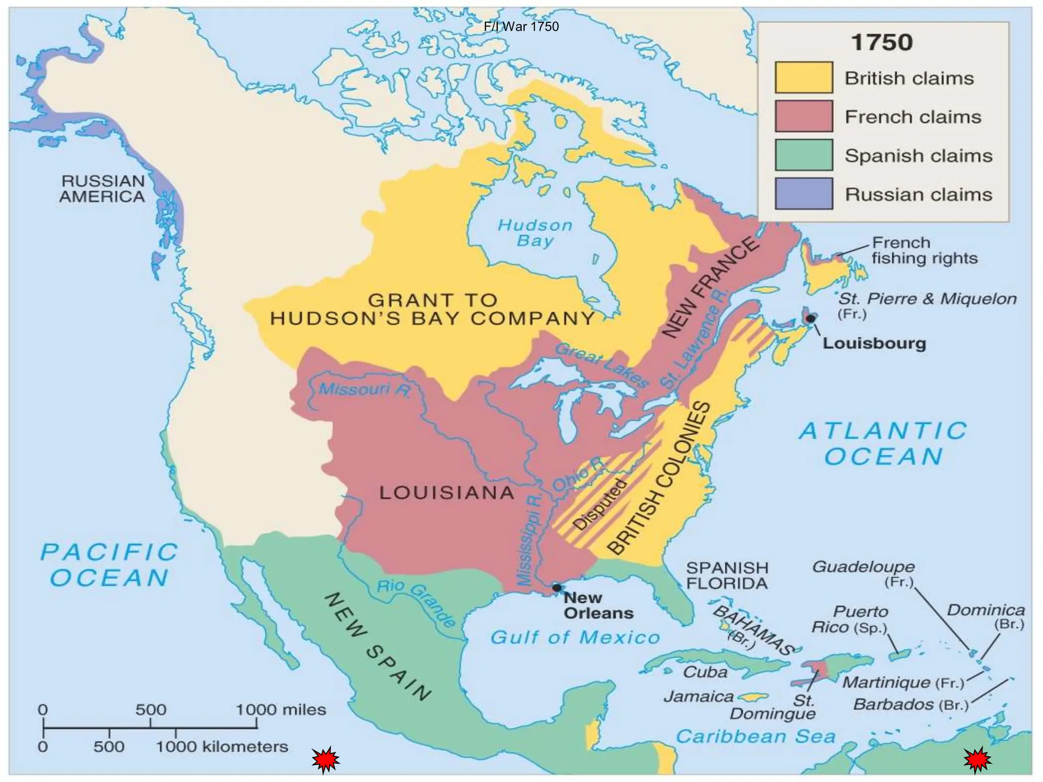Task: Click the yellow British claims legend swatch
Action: click(x=804, y=77)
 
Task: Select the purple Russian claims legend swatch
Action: click(x=804, y=194)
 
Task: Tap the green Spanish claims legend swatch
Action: click(x=804, y=155)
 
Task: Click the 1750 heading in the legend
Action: click(x=882, y=42)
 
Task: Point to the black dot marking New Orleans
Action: click(x=557, y=588)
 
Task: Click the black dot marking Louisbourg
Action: click(x=810, y=318)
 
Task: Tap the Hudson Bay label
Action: click(x=535, y=233)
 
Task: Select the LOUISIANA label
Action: click(x=447, y=492)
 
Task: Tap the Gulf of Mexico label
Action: click(x=575, y=637)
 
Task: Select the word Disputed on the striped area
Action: click(x=600, y=505)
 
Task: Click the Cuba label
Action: click(x=705, y=672)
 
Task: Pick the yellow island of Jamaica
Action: click(x=753, y=696)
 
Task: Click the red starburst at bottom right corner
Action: click(x=977, y=761)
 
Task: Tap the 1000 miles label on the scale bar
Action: click(x=281, y=709)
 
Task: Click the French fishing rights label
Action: click(x=924, y=250)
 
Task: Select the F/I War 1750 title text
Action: click(x=521, y=26)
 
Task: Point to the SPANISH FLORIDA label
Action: click(x=727, y=575)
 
